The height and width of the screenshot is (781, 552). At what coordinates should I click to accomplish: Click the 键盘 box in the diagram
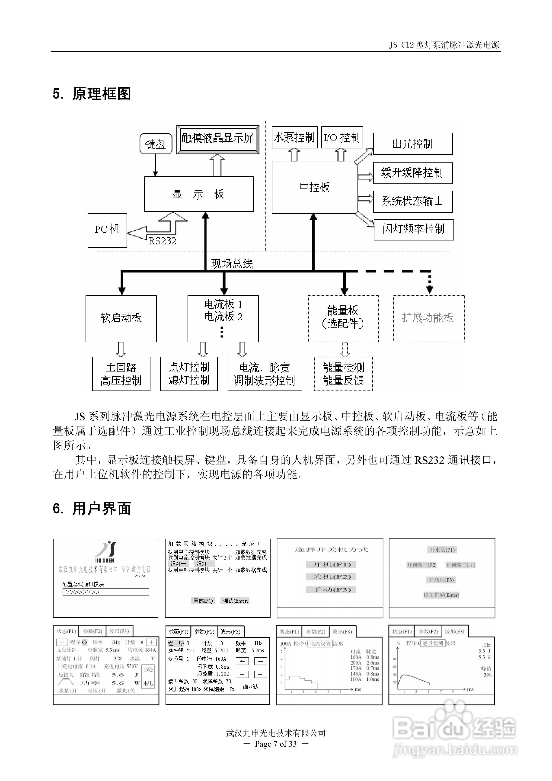(x=156, y=144)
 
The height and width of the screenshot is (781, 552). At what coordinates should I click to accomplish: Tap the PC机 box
(x=107, y=230)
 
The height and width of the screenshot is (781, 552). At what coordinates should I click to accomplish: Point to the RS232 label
(x=162, y=241)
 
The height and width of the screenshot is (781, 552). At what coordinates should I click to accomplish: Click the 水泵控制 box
(x=294, y=138)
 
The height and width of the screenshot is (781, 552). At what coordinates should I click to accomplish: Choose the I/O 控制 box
(x=342, y=138)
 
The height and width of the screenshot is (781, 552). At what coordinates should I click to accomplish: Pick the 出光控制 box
(x=413, y=144)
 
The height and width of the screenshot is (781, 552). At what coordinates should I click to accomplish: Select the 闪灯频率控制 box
(x=414, y=230)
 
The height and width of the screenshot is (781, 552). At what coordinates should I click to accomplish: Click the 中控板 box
(x=315, y=187)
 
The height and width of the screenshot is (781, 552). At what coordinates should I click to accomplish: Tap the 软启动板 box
(x=121, y=318)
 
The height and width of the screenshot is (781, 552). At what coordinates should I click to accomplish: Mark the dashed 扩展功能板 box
(x=428, y=318)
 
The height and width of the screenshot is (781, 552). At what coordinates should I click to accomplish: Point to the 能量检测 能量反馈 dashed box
(x=343, y=374)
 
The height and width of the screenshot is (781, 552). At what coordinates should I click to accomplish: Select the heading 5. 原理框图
(x=92, y=94)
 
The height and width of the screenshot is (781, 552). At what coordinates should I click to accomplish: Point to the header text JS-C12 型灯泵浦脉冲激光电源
(x=444, y=45)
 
